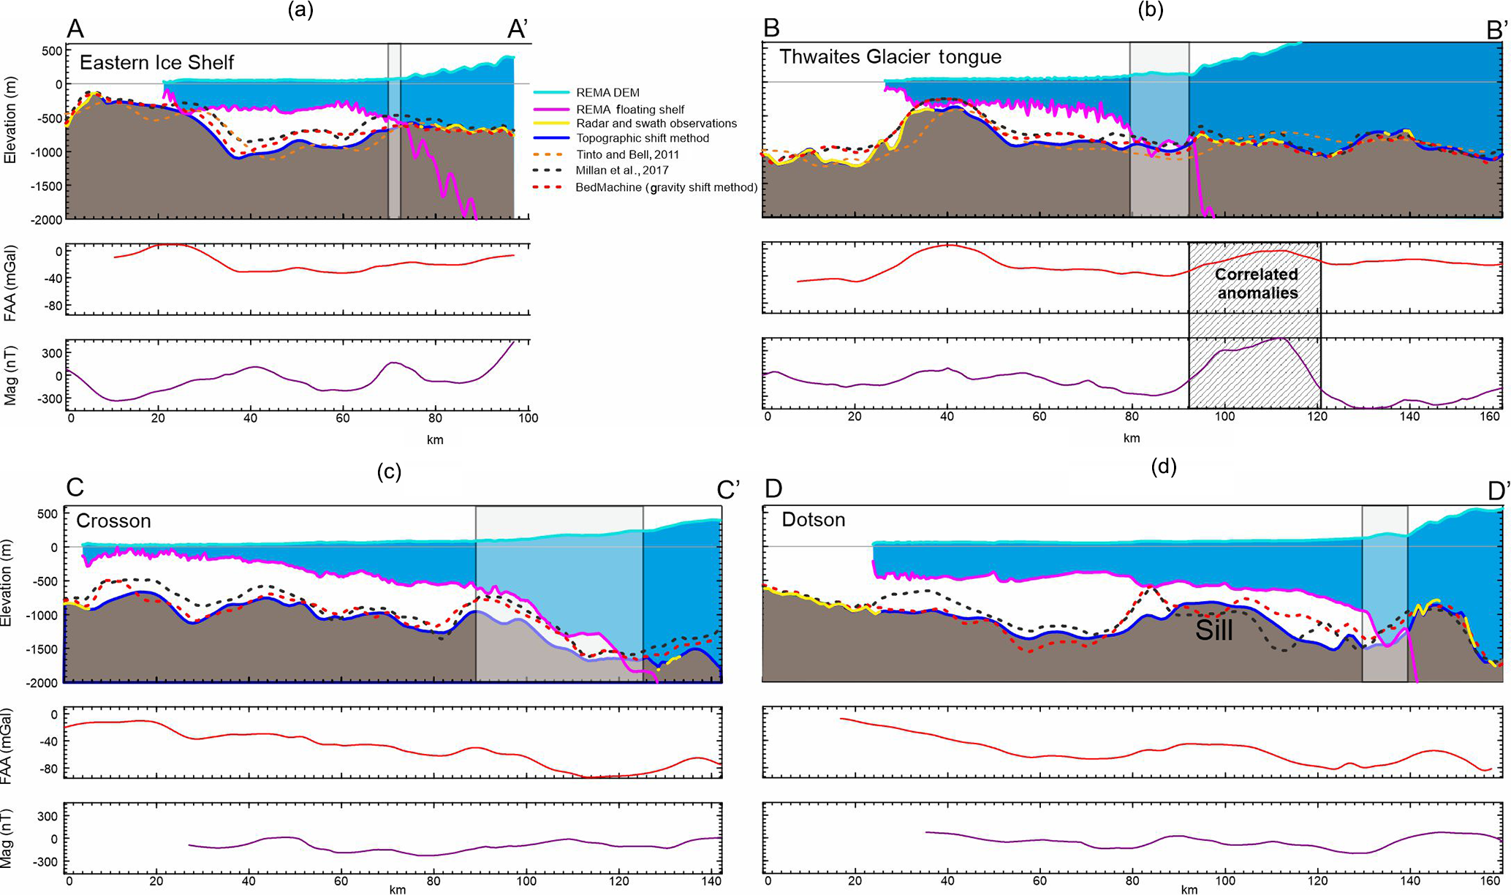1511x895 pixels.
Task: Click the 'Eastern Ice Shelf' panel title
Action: click(x=156, y=62)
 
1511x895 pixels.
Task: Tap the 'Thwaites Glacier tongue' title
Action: click(x=890, y=57)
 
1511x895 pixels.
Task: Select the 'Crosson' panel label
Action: click(x=113, y=521)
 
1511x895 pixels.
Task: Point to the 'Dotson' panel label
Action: click(x=813, y=520)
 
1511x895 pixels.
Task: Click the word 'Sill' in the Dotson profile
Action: click(x=1213, y=630)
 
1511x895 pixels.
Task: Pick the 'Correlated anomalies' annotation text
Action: click(x=1256, y=284)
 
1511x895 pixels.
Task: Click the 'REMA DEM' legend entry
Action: click(x=607, y=93)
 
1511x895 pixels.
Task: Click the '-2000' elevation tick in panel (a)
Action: click(x=46, y=219)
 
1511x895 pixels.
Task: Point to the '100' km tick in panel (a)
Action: click(x=528, y=418)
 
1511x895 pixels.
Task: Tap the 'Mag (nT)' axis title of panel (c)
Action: click(x=11, y=839)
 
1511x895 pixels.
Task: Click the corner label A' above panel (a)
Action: click(x=518, y=29)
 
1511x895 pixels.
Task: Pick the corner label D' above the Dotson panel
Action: click(x=1499, y=489)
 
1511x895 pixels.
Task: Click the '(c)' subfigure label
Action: click(x=389, y=472)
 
